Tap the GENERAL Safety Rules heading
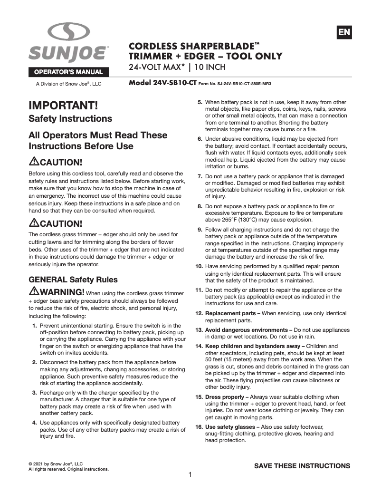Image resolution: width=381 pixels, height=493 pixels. coord(73,279)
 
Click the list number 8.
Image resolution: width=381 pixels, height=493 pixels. coord(200,206)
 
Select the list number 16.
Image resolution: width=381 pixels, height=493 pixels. coord(199,427)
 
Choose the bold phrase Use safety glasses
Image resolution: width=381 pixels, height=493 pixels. coord(230,427)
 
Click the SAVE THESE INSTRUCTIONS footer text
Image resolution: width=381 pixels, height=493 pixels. coord(302,465)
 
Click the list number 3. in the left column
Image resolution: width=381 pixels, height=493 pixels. coord(35,393)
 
